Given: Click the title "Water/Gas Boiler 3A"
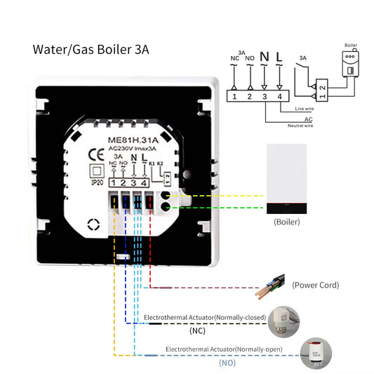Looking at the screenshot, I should (91, 51).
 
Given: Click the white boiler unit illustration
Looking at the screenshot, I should (286, 180).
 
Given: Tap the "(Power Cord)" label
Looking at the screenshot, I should (316, 285).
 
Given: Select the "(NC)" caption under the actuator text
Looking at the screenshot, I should (197, 330).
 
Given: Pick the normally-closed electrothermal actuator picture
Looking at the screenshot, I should (290, 319).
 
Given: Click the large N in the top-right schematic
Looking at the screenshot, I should (264, 56).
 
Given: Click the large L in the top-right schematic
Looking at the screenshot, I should (280, 56).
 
